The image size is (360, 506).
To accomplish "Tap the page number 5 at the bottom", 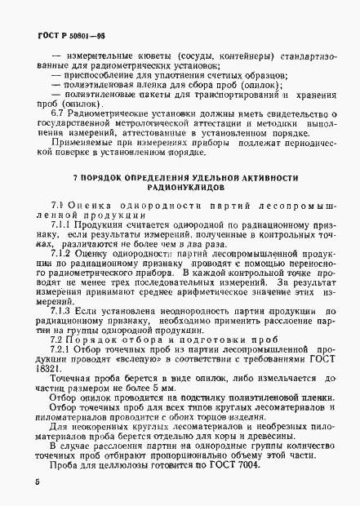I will (x=38, y=483).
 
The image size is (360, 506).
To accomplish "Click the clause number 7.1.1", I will (x=63, y=223).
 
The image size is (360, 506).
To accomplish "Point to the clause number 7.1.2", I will (x=63, y=254).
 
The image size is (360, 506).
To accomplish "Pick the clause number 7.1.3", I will (x=63, y=311).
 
